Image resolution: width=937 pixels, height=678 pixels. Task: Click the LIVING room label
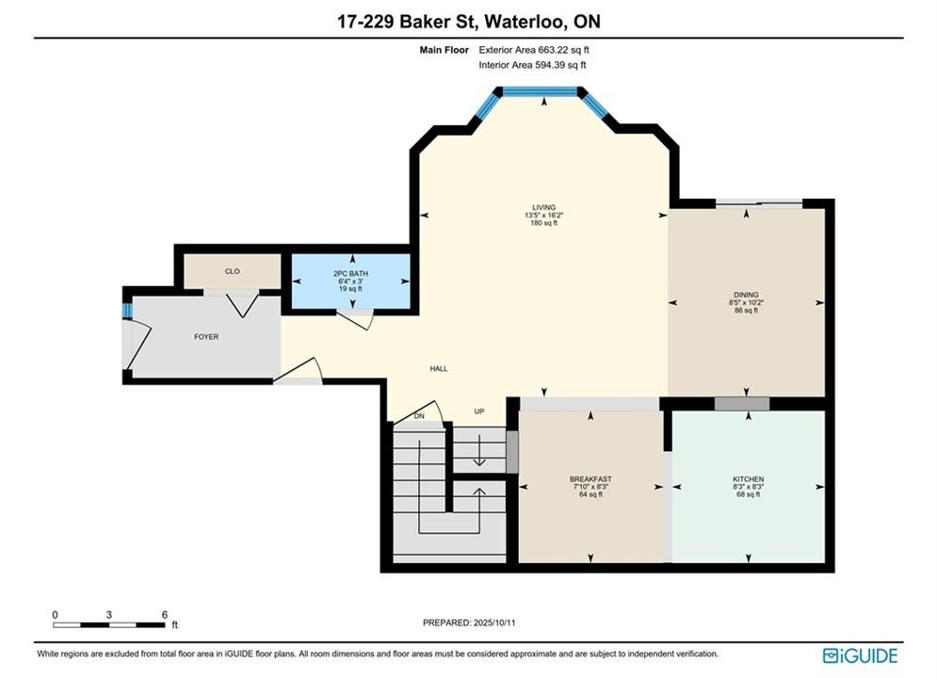(543, 207)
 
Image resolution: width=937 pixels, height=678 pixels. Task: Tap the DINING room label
(746, 295)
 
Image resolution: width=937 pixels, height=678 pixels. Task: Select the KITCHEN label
(748, 479)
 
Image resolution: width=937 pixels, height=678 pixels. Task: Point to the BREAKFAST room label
(590, 479)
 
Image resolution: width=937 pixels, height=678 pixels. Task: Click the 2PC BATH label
(350, 274)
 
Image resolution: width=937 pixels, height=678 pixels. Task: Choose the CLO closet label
(233, 271)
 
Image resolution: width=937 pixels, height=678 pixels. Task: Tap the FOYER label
(206, 337)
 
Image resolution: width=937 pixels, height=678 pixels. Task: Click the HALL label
(439, 368)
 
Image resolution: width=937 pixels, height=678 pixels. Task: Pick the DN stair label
(419, 416)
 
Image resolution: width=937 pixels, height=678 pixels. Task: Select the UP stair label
(479, 412)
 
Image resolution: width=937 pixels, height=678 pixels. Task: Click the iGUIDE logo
(860, 655)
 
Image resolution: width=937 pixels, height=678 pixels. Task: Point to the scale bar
(108, 625)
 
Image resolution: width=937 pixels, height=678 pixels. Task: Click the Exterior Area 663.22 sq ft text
(534, 50)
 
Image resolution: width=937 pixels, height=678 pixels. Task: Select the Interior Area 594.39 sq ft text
(532, 65)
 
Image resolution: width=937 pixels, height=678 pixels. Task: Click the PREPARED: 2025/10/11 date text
(469, 622)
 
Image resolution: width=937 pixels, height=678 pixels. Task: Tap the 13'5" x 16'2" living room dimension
(543, 215)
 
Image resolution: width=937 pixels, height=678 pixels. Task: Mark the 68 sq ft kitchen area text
(748, 494)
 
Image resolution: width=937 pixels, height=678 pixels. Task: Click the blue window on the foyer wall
(127, 311)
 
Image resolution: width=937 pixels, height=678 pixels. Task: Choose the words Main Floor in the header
(444, 50)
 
